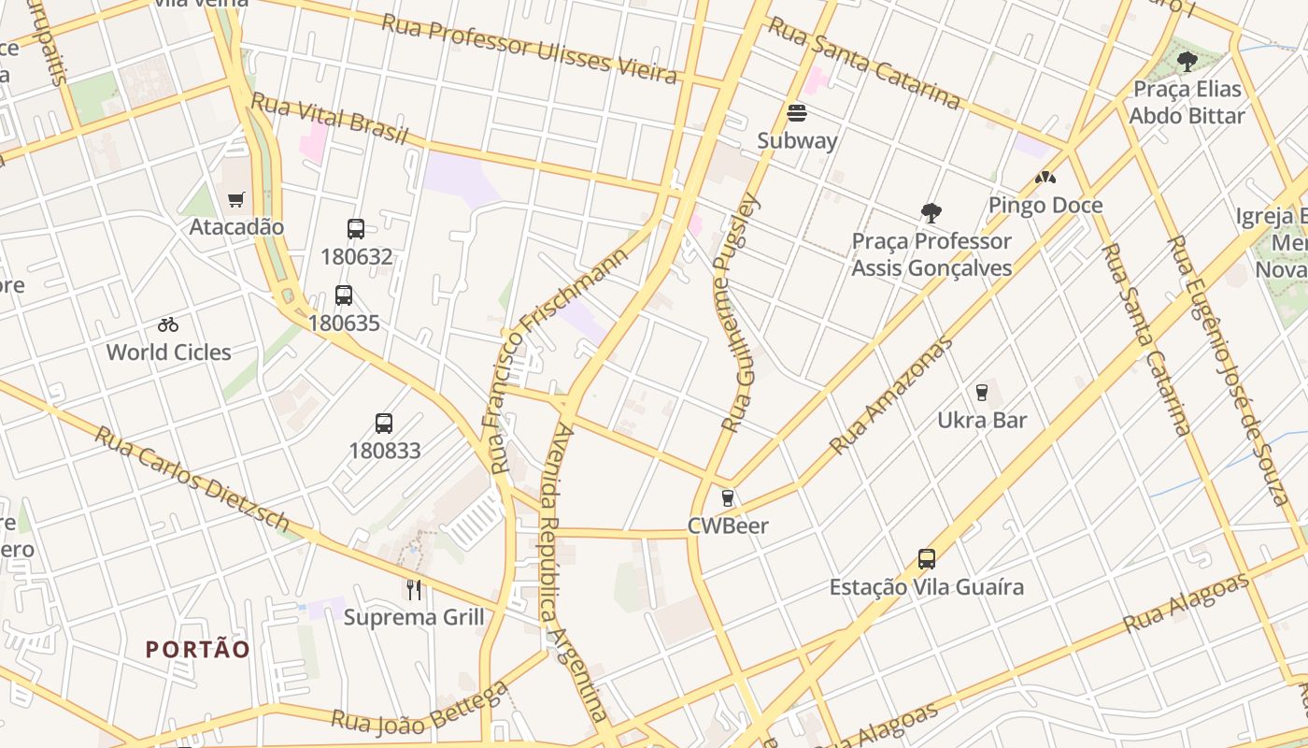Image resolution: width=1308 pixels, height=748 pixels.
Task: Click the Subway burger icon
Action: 797,113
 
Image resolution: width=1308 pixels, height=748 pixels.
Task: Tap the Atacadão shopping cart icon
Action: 236,199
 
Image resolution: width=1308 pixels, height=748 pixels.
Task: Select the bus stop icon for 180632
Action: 356,229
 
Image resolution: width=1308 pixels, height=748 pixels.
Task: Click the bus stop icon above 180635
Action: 344,295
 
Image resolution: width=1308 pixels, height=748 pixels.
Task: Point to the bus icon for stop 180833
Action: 384,423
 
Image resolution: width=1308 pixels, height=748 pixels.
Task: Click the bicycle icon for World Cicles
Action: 168,325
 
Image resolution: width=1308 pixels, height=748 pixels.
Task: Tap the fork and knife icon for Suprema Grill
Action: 414,590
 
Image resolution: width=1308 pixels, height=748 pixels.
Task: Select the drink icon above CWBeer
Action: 728,498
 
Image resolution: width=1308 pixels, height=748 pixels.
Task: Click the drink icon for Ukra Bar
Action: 982,393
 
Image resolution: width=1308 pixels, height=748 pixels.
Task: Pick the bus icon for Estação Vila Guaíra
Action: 927,559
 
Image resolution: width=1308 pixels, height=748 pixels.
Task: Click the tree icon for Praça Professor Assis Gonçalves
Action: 931,213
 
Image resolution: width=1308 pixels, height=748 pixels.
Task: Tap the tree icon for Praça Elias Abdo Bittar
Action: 1187,62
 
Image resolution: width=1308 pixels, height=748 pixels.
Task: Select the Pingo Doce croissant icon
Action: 1045,178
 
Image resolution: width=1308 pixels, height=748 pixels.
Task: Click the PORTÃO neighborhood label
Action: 198,649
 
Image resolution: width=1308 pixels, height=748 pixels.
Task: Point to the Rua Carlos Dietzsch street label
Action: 192,479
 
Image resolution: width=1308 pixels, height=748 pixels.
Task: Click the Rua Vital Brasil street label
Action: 330,119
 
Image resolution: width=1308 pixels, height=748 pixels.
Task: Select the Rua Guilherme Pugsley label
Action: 737,313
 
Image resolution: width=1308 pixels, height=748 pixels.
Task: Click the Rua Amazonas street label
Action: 891,396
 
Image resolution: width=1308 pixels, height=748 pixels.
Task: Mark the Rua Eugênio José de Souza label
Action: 1228,369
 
